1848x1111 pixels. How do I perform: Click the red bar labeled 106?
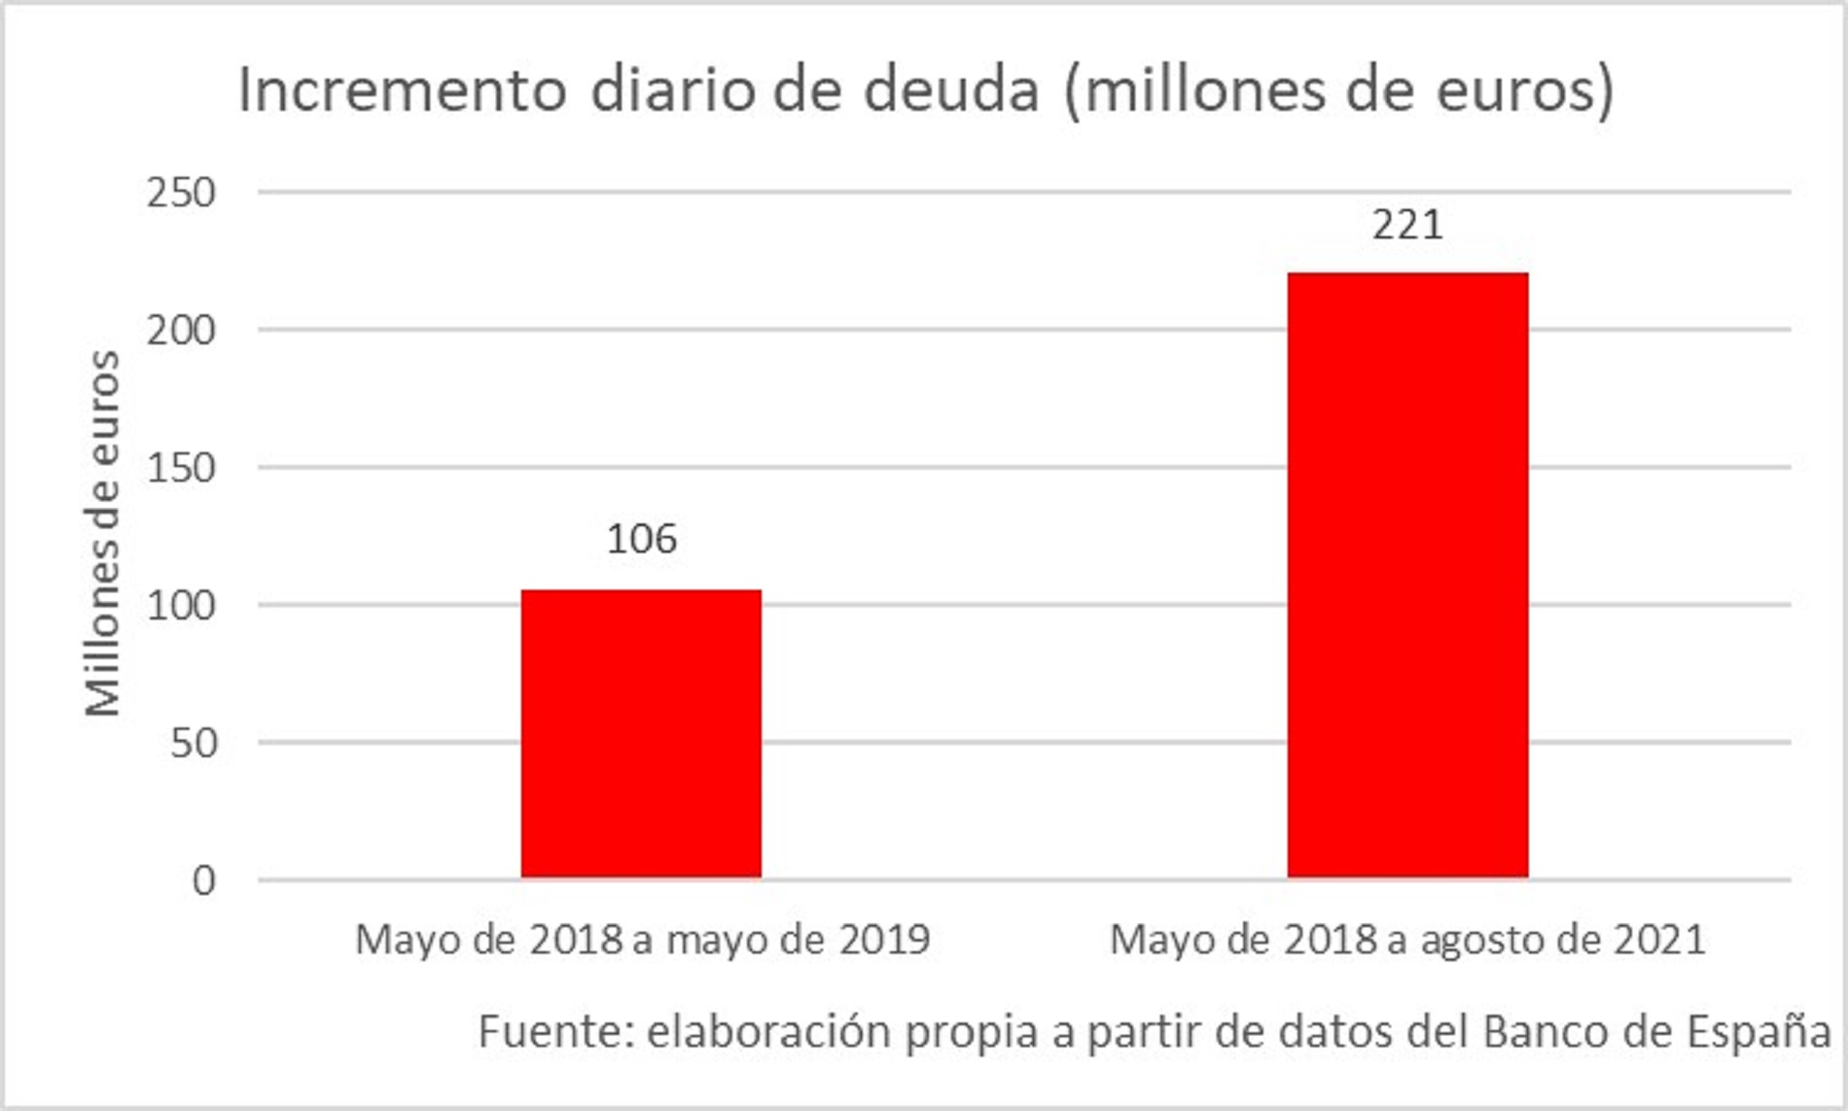[641, 734]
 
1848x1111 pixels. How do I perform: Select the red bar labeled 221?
[1407, 575]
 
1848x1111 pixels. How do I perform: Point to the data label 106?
[641, 539]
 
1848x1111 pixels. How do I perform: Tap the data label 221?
[1407, 225]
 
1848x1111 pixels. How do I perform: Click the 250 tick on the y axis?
[181, 193]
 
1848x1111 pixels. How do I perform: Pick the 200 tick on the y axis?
[181, 331]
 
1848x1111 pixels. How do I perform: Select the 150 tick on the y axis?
[181, 468]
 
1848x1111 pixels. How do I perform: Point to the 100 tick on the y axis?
[181, 606]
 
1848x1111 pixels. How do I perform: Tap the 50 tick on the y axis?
[193, 743]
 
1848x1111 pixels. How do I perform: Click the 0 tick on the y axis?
[203, 880]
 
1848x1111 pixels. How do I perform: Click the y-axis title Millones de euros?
[102, 534]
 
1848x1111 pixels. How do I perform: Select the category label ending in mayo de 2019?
[642, 940]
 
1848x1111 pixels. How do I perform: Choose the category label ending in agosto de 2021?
[1407, 940]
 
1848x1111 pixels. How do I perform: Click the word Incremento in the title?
[403, 90]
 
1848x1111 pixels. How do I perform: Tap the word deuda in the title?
[951, 90]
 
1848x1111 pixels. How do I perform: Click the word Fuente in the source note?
[554, 1031]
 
